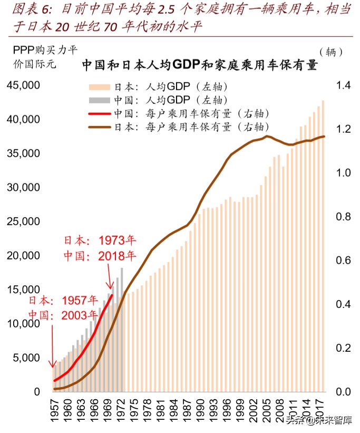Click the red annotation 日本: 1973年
100,241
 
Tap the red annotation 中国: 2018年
100,256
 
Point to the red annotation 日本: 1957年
63,301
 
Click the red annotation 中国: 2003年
63,315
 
